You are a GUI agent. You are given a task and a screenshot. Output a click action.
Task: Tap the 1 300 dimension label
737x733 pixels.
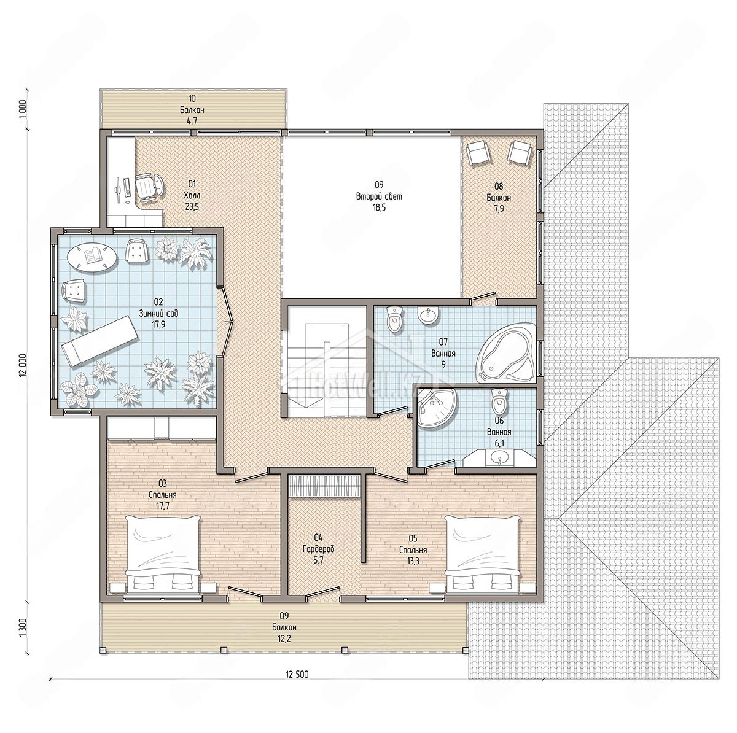22,630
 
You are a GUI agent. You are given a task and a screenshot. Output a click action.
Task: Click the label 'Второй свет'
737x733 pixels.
379,197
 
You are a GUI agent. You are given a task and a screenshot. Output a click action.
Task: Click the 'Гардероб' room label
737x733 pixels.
319,549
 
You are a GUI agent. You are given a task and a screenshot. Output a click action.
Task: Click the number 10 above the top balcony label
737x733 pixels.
192,99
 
